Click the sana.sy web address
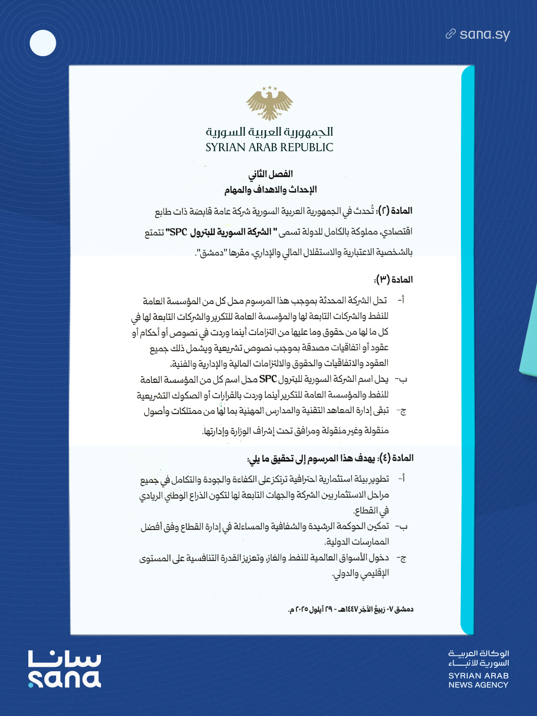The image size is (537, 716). [x=485, y=34]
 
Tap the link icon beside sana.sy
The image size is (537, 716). [x=450, y=34]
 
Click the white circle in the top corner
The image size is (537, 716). [x=43, y=43]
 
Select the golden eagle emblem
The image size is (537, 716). [x=269, y=105]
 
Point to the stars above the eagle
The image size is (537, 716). [x=269, y=89]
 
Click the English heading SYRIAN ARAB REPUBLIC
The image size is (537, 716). [x=269, y=148]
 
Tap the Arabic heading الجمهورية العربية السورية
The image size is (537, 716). [x=269, y=132]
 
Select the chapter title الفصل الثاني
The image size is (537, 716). [x=270, y=174]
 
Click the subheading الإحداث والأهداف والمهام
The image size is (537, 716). [x=270, y=189]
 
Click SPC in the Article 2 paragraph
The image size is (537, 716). [x=178, y=232]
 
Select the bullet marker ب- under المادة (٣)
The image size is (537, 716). [x=401, y=379]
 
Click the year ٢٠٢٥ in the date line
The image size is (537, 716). [x=300, y=610]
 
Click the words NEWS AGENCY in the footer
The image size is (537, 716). [x=478, y=685]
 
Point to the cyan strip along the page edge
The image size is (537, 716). [x=467, y=348]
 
